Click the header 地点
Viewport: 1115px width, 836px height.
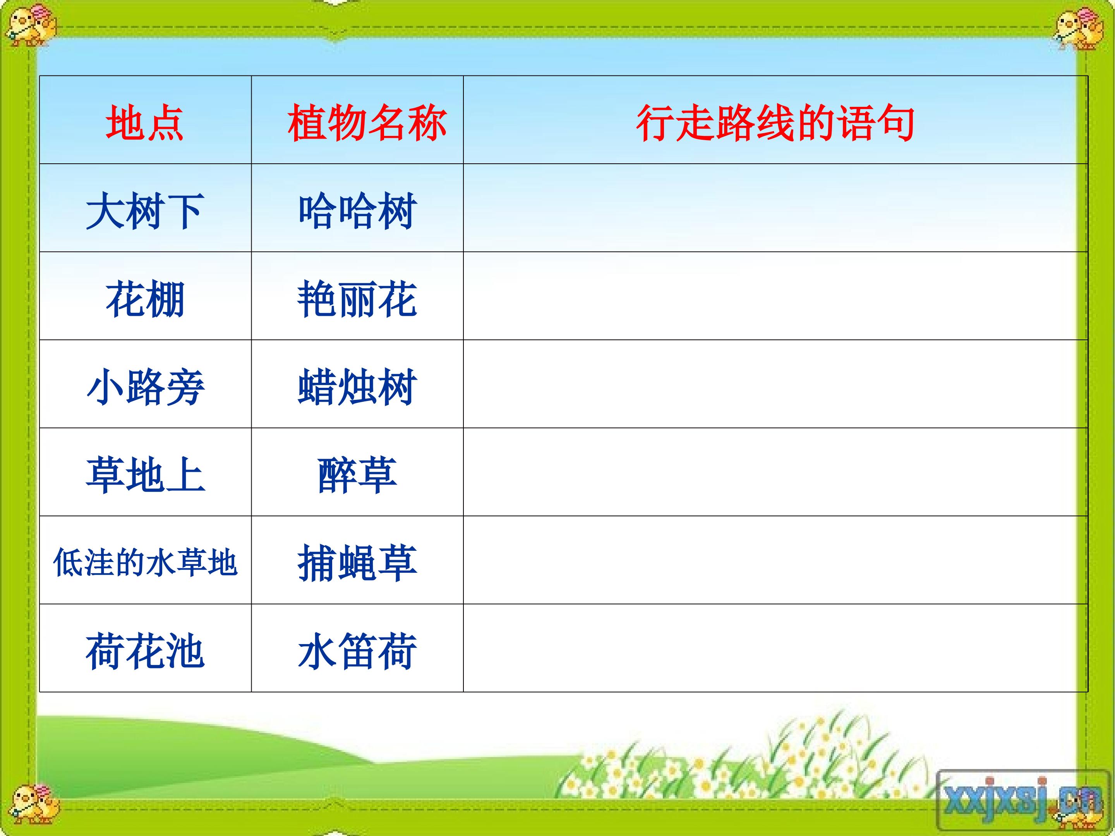point(145,123)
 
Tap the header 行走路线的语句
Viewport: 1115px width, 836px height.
point(775,123)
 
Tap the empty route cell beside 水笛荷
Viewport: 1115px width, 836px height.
point(775,648)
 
